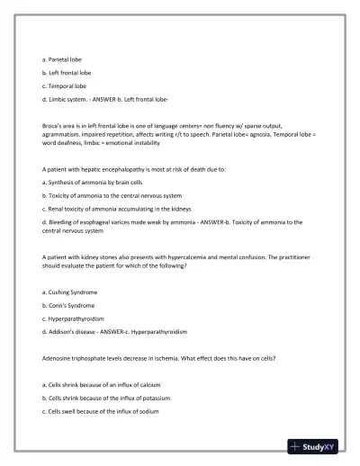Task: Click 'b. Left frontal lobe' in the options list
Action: pyautogui.click(x=67, y=72)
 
